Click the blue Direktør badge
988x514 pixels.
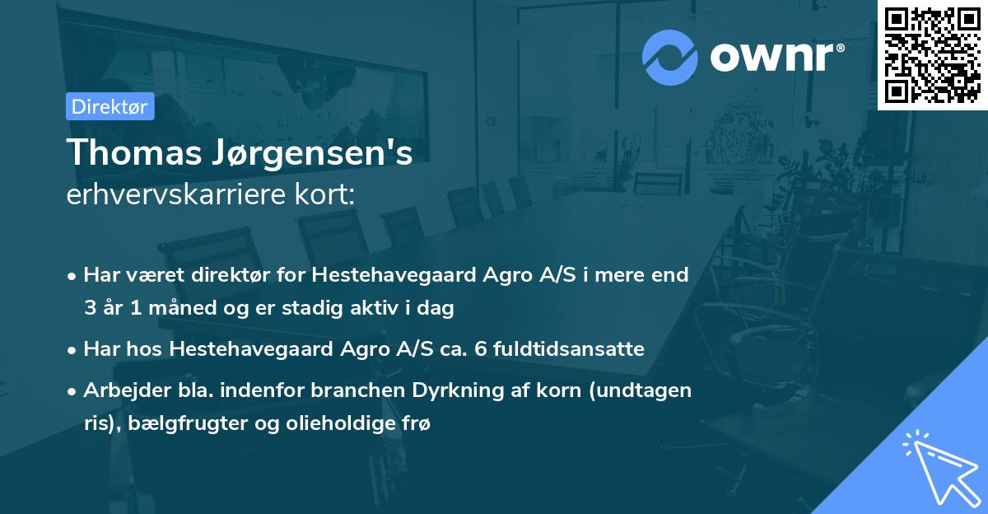(110, 106)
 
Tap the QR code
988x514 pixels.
(932, 54)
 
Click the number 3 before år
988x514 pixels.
(89, 308)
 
